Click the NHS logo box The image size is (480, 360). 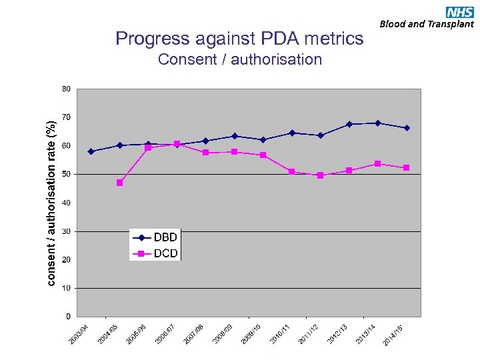tap(459, 11)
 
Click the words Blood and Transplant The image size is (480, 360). tap(427, 24)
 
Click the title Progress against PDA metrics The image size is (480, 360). tap(239, 39)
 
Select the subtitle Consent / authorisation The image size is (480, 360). tap(239, 60)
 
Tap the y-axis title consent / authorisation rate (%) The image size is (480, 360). tap(51, 203)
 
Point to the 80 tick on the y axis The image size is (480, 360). tap(66, 89)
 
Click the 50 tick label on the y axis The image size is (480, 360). tap(66, 174)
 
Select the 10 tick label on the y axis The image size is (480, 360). tap(66, 288)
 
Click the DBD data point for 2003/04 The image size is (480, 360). tap(91, 151)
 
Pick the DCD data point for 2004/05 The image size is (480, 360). tap(119, 183)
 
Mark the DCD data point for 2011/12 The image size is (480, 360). tap(321, 175)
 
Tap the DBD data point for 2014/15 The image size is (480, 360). tap(407, 128)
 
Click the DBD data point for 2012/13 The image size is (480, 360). tap(349, 124)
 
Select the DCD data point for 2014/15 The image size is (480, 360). tap(407, 168)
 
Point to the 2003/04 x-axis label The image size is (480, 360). tap(79, 334)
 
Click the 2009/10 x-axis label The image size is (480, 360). tap(251, 334)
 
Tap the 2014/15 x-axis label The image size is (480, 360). tap(394, 334)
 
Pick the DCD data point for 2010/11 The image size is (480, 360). tap(292, 172)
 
